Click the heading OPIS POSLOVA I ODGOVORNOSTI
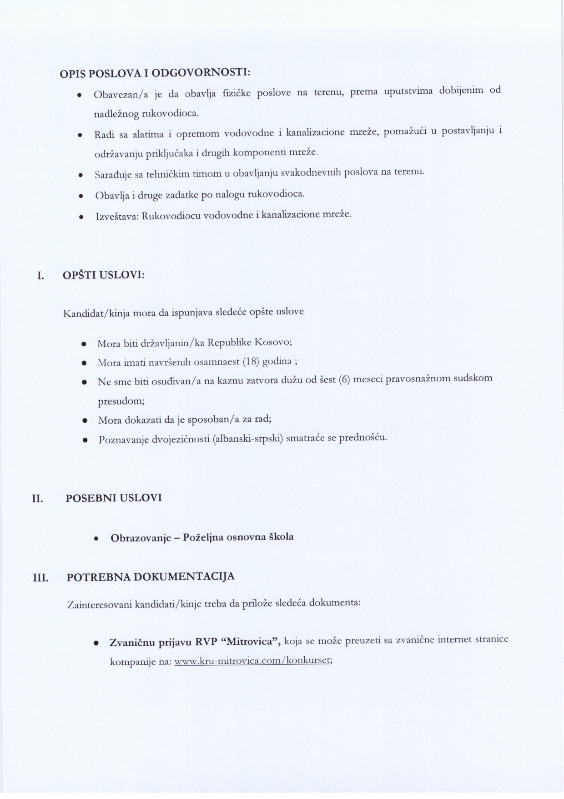pyautogui.click(x=155, y=73)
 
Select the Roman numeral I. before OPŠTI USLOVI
pyautogui.click(x=40, y=276)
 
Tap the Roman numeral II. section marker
pyautogui.click(x=37, y=499)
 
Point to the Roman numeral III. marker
pyautogui.click(x=41, y=578)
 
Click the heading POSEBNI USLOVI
pyautogui.click(x=114, y=498)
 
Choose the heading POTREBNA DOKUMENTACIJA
pyautogui.click(x=151, y=577)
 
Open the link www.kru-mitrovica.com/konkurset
pyautogui.click(x=252, y=661)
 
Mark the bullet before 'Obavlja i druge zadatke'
pyautogui.click(x=80, y=196)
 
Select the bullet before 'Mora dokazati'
pyautogui.click(x=85, y=420)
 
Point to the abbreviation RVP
pyautogui.click(x=206, y=642)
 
